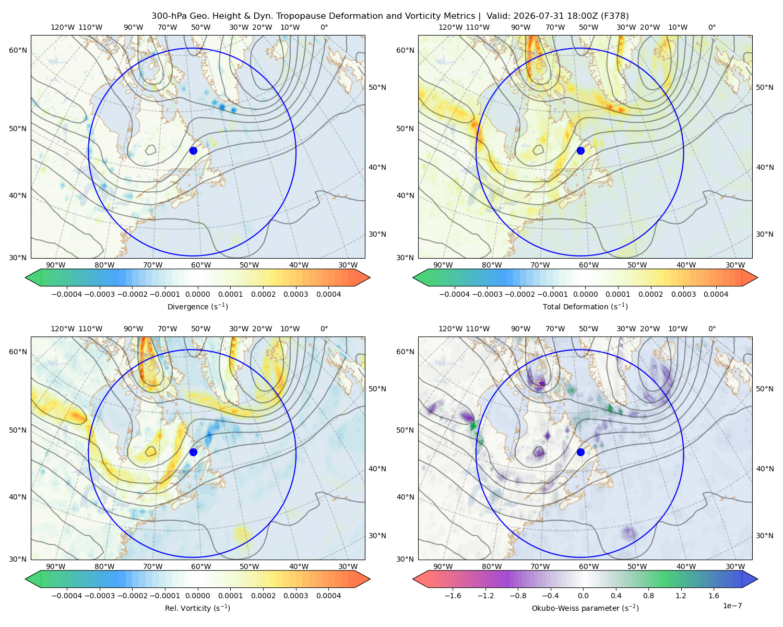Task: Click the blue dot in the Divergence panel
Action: coord(193,150)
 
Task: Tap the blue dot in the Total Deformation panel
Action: coord(580,150)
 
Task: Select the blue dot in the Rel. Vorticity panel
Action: coord(193,452)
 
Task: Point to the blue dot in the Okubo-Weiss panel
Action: coord(580,452)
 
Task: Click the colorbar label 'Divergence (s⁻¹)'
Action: coord(197,306)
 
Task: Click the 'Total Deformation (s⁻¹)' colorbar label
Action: coord(585,306)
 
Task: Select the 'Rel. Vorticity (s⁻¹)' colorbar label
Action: coord(197,608)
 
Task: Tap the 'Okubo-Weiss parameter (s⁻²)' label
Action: coord(585,608)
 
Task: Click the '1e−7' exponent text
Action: coord(732,606)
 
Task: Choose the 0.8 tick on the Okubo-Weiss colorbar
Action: coord(648,596)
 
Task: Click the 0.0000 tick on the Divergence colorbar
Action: coord(197,294)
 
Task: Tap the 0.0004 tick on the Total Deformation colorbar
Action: coord(716,294)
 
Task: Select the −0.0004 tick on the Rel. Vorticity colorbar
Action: coord(67,596)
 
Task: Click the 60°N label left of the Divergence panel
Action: coord(18,50)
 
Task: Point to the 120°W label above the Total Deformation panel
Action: coord(450,27)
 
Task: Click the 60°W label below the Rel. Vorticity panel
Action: coord(201,566)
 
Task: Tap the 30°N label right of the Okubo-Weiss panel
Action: coord(764,536)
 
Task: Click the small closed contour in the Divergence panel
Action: coord(151,150)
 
